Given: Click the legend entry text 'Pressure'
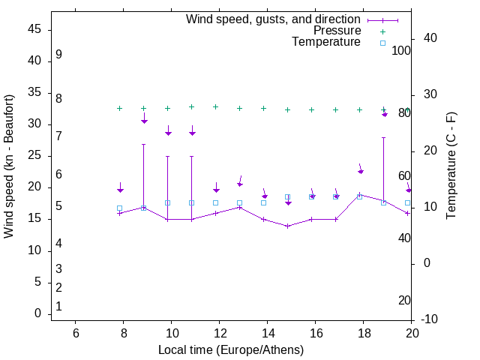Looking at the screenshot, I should (x=337, y=31).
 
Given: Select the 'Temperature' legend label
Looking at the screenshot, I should (x=326, y=42).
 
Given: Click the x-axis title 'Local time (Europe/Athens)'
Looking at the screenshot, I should (x=231, y=349).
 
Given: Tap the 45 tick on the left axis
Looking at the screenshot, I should (x=35, y=29).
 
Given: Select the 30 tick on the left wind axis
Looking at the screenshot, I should (x=35, y=124).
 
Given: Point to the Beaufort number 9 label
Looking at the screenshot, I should (x=58, y=55).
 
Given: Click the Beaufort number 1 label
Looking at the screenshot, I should (x=58, y=306).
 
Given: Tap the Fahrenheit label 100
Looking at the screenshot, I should (x=401, y=50).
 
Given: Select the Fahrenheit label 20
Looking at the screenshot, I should (x=404, y=300).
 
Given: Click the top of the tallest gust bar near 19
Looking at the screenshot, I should (x=384, y=137).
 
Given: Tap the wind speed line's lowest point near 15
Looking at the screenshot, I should (x=288, y=226).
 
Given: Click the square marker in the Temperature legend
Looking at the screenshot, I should (x=382, y=43).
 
